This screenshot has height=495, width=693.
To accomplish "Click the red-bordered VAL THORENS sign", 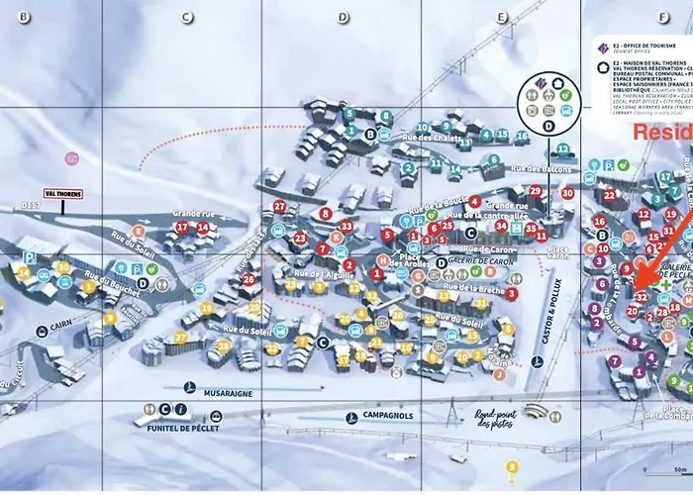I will click(62, 194).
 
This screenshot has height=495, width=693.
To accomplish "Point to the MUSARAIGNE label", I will click(229, 392).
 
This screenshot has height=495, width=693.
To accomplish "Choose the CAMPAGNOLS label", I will click(387, 416).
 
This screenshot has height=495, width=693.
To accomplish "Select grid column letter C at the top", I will click(185, 17).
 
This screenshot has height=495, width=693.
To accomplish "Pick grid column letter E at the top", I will click(502, 17).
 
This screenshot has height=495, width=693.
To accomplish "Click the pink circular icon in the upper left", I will click(71, 157).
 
